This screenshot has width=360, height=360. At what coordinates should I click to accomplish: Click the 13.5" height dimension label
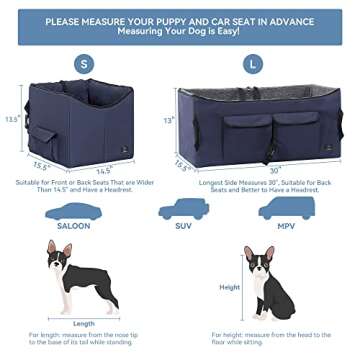coord(9,116)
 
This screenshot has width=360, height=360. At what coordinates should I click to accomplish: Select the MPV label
coord(285,225)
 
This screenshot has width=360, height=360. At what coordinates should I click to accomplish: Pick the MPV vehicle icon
coord(285,207)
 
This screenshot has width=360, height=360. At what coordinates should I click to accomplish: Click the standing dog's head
coord(55,253)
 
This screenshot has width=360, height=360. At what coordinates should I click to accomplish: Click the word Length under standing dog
coord(84,323)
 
